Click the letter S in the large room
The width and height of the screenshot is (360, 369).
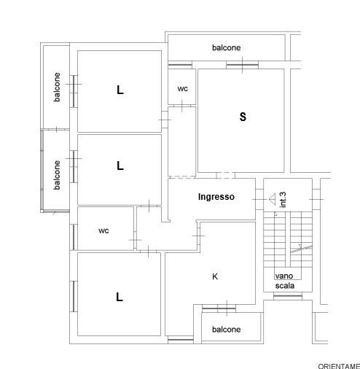click(243, 117)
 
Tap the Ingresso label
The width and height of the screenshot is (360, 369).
click(216, 197)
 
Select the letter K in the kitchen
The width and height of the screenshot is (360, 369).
click(215, 276)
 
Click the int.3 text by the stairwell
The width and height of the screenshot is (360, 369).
click(283, 200)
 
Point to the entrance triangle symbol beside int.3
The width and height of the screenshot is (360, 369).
click(273, 199)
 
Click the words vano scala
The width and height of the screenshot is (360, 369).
click(285, 281)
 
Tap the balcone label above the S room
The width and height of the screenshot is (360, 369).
click(227, 47)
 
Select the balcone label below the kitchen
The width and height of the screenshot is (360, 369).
click(227, 330)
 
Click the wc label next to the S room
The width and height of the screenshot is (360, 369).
click(183, 89)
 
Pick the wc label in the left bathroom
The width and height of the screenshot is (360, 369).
click(103, 230)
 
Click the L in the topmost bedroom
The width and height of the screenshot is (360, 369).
click(120, 90)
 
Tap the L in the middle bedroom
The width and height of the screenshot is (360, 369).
click(120, 166)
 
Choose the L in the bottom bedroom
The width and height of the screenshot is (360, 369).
click(120, 297)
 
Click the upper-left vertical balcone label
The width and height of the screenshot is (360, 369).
click(57, 87)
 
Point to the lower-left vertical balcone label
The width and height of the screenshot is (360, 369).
click(57, 175)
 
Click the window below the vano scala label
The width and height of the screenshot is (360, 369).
click(288, 296)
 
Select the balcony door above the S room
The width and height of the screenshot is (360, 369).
click(242, 65)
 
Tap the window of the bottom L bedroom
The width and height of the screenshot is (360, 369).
click(74, 296)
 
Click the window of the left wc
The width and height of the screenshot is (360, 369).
click(74, 237)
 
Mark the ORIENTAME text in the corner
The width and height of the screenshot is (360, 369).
click(339, 366)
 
